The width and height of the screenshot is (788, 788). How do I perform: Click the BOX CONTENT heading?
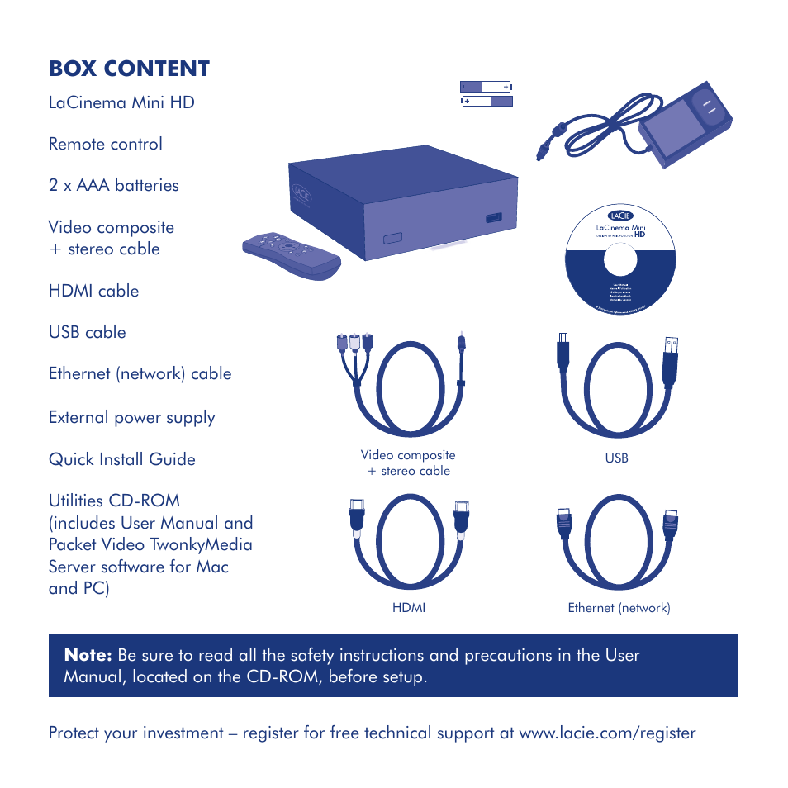point(129,69)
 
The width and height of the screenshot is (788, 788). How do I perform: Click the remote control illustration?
point(291,253)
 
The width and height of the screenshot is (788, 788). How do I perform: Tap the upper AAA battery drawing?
point(486,86)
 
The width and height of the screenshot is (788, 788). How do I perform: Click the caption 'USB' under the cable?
point(617,458)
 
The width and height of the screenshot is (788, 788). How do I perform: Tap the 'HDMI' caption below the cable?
point(409,608)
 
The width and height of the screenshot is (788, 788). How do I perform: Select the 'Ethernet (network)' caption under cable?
point(619,608)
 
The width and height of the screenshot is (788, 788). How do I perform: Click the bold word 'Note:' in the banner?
point(88,656)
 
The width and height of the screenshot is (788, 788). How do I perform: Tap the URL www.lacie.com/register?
point(607,733)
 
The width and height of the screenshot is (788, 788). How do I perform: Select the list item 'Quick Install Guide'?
point(122,459)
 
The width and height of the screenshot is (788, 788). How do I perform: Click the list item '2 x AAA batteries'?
point(114,185)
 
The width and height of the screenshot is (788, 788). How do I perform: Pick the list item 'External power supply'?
point(132,417)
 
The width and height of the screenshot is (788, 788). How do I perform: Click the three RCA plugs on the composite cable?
point(355,343)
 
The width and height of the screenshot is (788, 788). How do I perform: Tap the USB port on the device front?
point(492,218)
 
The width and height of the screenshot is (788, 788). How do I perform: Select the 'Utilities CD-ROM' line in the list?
point(114,501)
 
